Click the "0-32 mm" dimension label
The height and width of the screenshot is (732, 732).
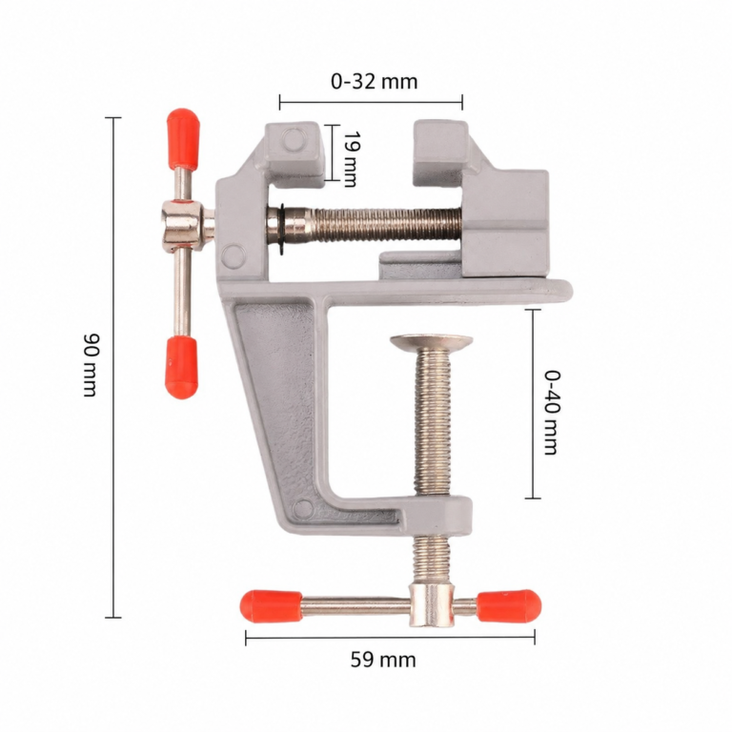click(x=374, y=82)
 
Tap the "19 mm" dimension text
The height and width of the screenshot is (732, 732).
click(x=351, y=158)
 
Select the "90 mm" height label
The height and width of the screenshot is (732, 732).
click(x=91, y=365)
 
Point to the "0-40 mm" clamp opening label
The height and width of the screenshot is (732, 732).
click(x=552, y=412)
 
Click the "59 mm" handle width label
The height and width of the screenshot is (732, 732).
click(x=383, y=661)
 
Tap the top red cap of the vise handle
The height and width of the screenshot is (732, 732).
click(x=183, y=138)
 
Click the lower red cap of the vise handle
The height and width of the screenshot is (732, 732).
click(x=181, y=367)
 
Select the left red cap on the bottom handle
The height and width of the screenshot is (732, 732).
click(x=271, y=606)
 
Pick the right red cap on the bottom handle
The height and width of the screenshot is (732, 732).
click(x=509, y=606)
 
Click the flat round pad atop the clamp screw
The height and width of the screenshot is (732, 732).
click(x=432, y=342)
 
